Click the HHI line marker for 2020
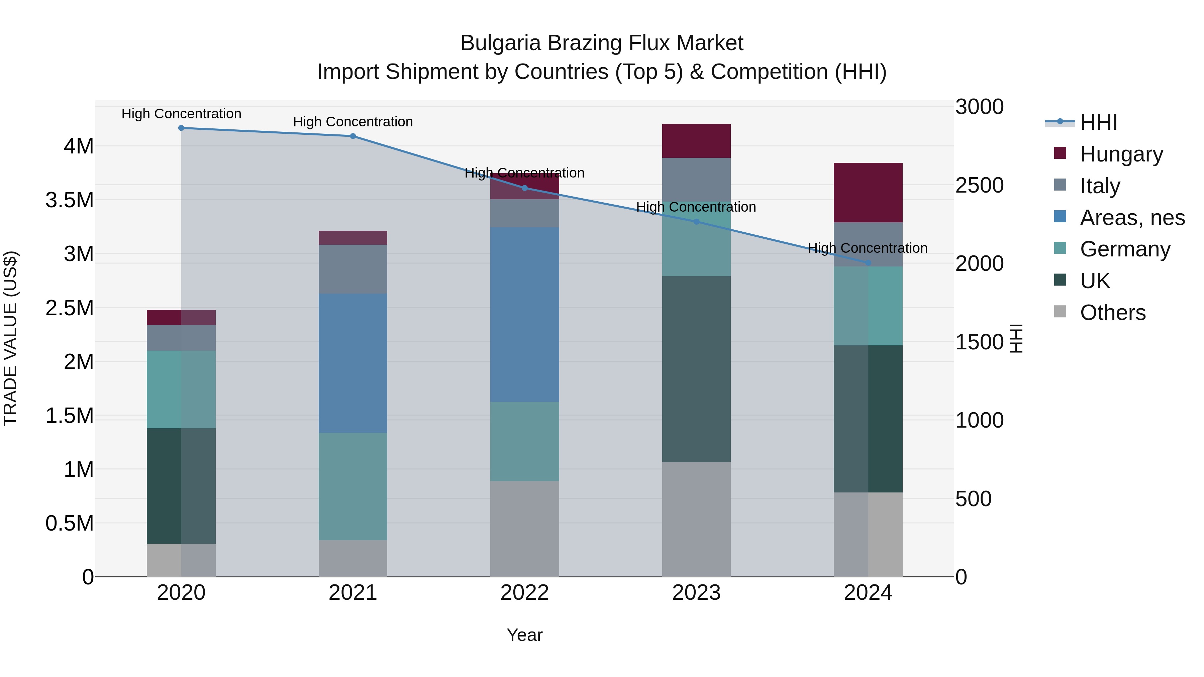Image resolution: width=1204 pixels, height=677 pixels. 181,128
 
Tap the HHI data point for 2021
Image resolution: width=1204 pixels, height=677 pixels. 353,136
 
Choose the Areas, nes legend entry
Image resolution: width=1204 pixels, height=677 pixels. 1132,218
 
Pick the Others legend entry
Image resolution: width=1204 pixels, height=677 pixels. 1112,313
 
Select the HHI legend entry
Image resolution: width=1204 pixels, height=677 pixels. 1098,122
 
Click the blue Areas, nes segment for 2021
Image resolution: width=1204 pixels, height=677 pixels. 353,363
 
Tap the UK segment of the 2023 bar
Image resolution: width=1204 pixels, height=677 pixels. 696,369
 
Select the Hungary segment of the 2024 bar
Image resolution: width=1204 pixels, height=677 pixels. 868,193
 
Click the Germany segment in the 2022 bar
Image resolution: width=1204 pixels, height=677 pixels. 524,442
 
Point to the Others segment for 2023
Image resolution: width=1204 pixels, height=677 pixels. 696,519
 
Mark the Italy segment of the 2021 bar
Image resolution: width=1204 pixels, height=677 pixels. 353,269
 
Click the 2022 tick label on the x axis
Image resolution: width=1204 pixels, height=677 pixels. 524,593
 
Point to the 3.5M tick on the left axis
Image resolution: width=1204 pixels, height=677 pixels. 70,200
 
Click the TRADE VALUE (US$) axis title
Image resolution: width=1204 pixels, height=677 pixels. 10,338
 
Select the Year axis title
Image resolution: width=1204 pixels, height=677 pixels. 524,635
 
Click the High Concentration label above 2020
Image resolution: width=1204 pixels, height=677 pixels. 181,114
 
